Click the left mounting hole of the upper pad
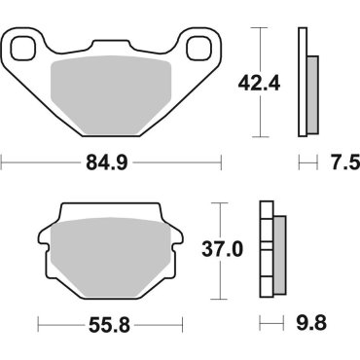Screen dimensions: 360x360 coord(23,45)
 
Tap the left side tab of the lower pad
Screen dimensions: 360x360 coord(46,236)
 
